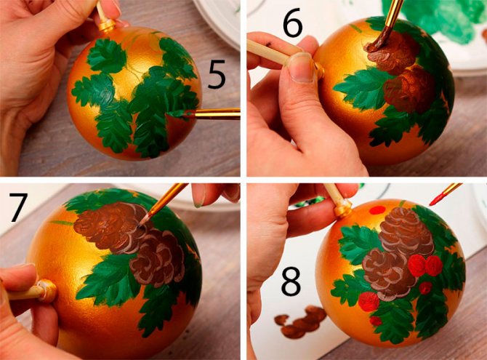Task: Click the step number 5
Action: click(x=217, y=75)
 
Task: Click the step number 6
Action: click(x=292, y=24)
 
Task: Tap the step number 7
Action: click(x=17, y=207)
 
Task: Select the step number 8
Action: click(x=291, y=281)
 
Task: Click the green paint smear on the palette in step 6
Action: click(x=441, y=19)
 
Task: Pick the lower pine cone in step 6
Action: click(x=408, y=87)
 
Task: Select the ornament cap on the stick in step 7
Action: click(x=47, y=291)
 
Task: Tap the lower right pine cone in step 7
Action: click(x=157, y=257)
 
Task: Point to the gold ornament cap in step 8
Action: click(x=343, y=208)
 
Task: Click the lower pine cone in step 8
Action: click(x=389, y=274)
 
